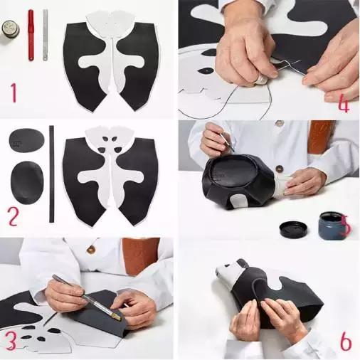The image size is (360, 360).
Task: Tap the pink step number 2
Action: [x=14, y=216]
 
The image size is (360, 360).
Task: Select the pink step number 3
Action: [x=11, y=341]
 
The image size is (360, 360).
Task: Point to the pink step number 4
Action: [x=344, y=104]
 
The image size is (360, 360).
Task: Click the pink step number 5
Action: [x=346, y=225]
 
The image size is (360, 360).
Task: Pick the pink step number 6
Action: [x=346, y=342]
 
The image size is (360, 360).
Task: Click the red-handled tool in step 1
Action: [x=31, y=35]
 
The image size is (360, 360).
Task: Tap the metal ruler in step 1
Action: [x=46, y=35]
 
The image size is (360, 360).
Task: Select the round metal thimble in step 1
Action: [x=11, y=29]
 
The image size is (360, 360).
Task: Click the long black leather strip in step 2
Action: [x=51, y=174]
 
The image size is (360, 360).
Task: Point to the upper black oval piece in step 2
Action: [x=27, y=140]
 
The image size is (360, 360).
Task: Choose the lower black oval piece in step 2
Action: [x=27, y=182]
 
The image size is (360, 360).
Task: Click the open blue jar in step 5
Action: [x=332, y=226]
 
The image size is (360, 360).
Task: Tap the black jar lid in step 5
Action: [x=293, y=229]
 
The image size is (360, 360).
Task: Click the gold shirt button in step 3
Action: [x=91, y=249]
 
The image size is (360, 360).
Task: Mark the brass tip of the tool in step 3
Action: [x=117, y=317]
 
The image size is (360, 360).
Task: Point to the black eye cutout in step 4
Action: [x=206, y=70]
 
